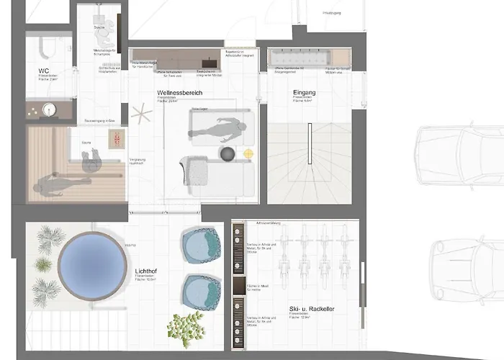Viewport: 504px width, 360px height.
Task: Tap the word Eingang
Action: [305, 93]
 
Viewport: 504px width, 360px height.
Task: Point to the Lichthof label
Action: [146, 271]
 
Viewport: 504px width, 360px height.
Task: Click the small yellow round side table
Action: [248, 153]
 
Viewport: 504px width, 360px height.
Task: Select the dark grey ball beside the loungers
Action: [228, 154]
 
